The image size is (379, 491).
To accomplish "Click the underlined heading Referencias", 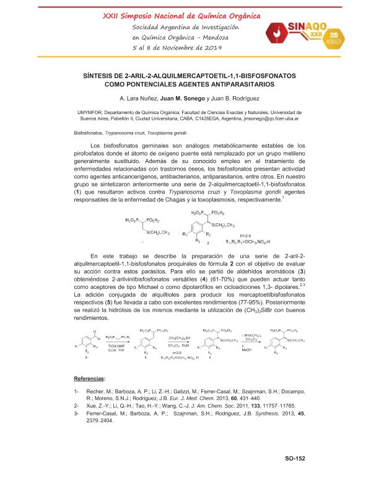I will [x=89, y=378].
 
